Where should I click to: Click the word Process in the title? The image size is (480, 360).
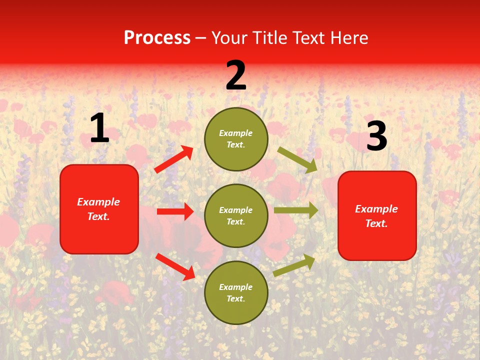157,38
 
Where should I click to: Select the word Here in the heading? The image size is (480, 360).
349,38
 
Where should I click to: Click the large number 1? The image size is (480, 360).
99,128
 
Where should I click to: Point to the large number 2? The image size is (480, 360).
236,75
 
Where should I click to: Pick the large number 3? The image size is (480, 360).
376,136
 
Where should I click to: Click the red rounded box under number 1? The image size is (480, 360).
99,209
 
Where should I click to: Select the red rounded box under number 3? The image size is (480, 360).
377,215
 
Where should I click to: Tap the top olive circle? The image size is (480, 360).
236,139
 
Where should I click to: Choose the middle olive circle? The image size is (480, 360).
236,215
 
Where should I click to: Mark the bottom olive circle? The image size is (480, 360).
236,292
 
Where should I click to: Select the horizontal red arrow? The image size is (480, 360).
175,211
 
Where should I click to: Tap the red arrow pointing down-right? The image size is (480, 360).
175,266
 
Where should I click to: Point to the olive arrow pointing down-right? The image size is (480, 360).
297,159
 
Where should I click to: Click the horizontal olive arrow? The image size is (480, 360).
296,210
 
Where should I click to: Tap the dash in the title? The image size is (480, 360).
201,38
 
